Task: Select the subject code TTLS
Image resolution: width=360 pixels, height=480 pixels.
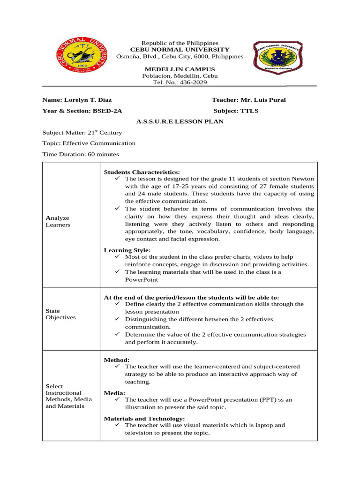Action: click(249, 111)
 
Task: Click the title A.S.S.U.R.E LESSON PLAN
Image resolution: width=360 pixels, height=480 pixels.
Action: click(180, 122)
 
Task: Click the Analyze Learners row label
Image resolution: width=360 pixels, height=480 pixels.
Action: click(58, 222)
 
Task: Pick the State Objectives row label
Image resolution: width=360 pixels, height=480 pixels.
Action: click(59, 314)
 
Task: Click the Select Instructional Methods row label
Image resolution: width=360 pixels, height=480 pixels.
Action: click(68, 396)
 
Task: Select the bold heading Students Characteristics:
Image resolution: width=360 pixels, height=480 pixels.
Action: click(142, 172)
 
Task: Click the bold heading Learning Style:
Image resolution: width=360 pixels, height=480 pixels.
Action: click(127, 250)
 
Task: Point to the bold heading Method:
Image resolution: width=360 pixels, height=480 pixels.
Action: click(116, 360)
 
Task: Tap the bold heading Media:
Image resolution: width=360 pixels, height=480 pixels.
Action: click(114, 393)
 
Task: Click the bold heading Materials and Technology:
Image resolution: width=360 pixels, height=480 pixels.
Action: click(144, 418)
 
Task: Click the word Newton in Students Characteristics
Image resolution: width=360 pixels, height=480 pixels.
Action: click(303, 179)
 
